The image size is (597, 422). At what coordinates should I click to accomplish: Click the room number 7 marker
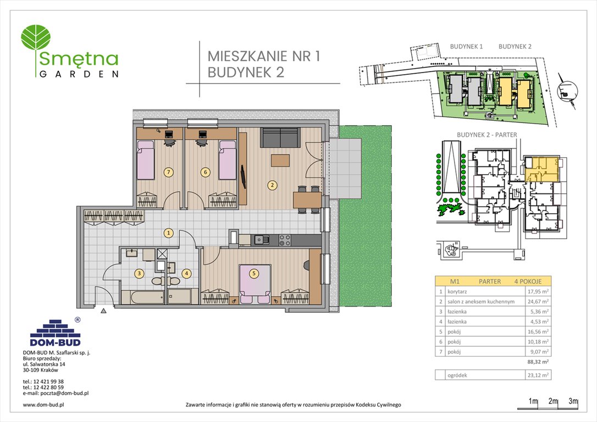[169, 172]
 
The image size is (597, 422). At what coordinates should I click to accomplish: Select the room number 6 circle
[205, 172]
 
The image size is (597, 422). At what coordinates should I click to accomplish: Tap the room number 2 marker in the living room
[272, 185]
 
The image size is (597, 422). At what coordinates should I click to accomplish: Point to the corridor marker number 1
[169, 233]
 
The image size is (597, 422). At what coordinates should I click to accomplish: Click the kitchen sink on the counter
[259, 240]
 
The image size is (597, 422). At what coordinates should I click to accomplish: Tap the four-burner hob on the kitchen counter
[284, 240]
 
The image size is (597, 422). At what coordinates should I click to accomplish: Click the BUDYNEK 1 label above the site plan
[466, 47]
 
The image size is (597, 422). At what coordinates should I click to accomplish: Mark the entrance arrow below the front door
[103, 310]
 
